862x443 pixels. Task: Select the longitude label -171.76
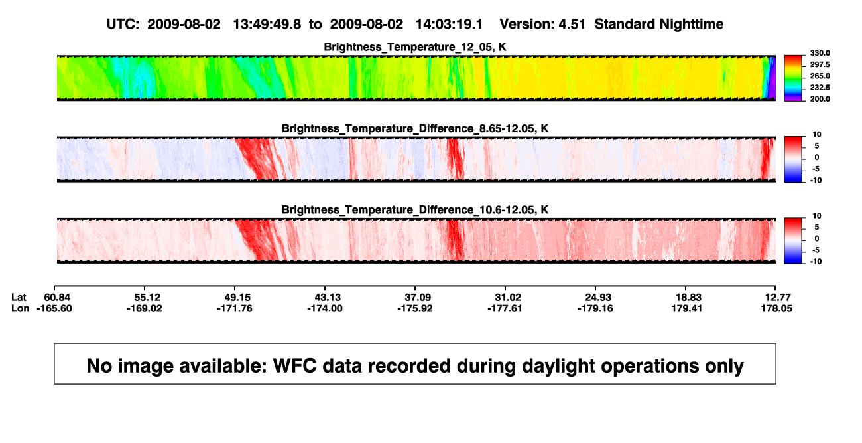point(235,308)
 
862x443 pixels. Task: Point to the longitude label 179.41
point(686,308)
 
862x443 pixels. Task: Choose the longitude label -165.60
point(54,308)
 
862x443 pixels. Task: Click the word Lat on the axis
point(19,298)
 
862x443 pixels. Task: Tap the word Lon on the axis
point(21,308)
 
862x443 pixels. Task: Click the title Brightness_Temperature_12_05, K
point(415,47)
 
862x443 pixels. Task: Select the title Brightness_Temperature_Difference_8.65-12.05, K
point(415,129)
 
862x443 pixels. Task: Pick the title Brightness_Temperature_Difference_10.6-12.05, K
point(415,210)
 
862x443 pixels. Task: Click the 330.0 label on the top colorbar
point(820,53)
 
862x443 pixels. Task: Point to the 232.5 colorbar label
point(820,88)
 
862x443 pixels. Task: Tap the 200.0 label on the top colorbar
point(820,99)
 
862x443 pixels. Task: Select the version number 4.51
point(572,25)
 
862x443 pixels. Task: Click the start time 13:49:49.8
point(267,25)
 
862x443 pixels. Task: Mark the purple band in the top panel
point(772,78)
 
